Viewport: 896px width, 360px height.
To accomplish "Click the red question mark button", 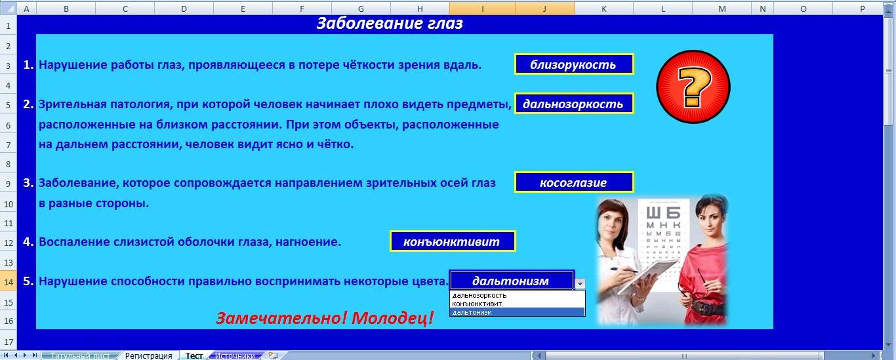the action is point(693,87).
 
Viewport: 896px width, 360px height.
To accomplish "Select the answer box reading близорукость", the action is point(574,64).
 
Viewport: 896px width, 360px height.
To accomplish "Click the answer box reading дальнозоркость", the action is point(574,104).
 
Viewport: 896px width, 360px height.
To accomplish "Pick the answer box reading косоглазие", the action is point(574,182).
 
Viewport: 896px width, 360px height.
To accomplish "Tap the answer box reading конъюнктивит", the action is point(453,241).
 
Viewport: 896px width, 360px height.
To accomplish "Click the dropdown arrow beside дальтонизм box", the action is point(580,283).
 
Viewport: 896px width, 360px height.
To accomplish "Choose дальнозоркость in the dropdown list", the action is point(479,295).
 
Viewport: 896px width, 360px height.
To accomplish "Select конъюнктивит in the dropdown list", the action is point(477,304).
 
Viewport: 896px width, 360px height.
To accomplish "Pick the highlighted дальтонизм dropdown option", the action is point(517,312).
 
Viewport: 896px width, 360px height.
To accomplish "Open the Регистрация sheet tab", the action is point(148,355).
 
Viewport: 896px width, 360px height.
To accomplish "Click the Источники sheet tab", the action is point(235,355).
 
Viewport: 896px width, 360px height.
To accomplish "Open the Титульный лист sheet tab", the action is point(80,355).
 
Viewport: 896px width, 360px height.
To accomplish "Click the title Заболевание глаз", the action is point(390,23).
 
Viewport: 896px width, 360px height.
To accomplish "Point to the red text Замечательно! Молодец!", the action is point(325,318).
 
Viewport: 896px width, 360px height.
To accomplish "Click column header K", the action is point(603,9).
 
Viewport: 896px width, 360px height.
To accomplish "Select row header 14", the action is point(9,282).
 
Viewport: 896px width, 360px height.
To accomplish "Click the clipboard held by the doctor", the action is point(648,275).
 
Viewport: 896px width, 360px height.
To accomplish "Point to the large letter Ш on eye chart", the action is point(653,213).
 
